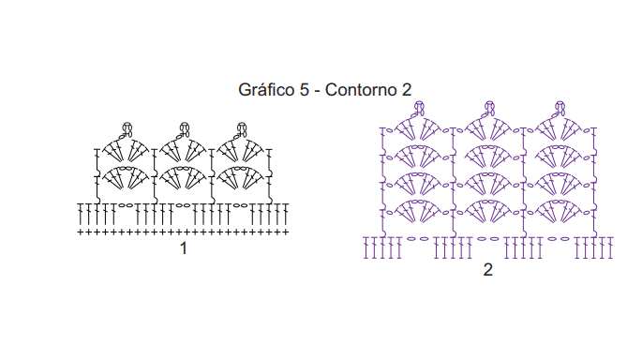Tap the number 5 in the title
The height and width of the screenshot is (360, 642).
click(305, 90)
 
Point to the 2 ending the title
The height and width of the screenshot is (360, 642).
click(406, 90)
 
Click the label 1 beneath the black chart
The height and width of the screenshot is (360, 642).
click(184, 248)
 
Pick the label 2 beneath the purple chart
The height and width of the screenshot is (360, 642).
click(487, 269)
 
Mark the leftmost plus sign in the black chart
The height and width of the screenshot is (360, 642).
click(81, 232)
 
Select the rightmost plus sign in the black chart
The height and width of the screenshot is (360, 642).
click(286, 232)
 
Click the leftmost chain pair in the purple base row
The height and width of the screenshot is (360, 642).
click(418, 239)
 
